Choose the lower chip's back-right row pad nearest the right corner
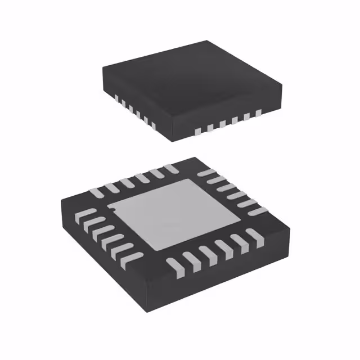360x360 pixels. click(257, 210)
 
